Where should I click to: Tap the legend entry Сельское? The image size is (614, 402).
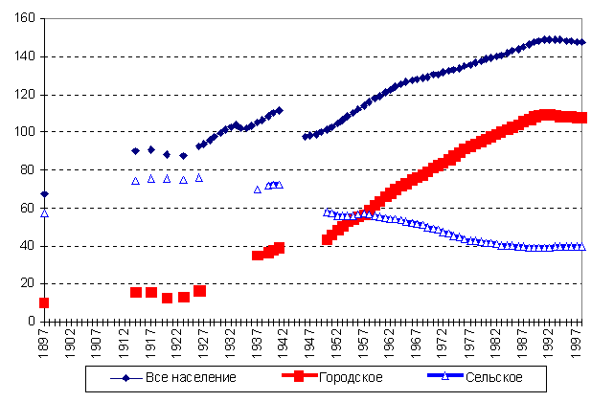click(x=487, y=377)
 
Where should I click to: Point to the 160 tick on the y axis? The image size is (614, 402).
click(x=26, y=19)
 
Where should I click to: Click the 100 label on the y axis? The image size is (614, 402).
click(x=26, y=132)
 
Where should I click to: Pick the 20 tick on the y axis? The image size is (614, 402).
click(x=29, y=283)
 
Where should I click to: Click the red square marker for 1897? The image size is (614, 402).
click(x=44, y=302)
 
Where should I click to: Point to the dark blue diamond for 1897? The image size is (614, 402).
click(x=44, y=194)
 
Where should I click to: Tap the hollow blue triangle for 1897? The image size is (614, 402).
click(x=44, y=213)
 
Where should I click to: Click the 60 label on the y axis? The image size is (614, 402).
click(x=29, y=208)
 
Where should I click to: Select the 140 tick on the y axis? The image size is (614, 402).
click(x=26, y=56)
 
